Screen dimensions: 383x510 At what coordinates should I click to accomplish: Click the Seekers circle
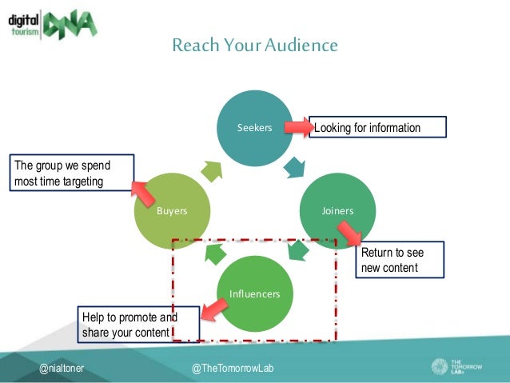click(x=255, y=128)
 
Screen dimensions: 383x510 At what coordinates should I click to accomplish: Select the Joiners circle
click(x=337, y=210)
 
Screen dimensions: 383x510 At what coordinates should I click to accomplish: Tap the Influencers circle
click(x=255, y=293)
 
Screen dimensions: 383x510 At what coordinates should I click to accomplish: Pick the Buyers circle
click(x=172, y=210)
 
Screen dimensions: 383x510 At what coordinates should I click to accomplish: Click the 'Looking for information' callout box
click(x=376, y=127)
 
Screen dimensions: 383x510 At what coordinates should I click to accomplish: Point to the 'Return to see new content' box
click(x=398, y=260)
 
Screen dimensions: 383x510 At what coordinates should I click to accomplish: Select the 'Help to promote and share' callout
click(x=128, y=324)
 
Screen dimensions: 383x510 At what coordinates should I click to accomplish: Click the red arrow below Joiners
click(x=349, y=233)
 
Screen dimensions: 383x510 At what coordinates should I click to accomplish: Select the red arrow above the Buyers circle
click(x=144, y=191)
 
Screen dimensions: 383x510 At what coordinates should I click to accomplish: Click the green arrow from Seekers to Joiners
click(x=294, y=168)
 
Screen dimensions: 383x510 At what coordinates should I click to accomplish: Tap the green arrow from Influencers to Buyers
click(x=214, y=253)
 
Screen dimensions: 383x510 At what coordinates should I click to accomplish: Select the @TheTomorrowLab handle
click(x=233, y=368)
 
